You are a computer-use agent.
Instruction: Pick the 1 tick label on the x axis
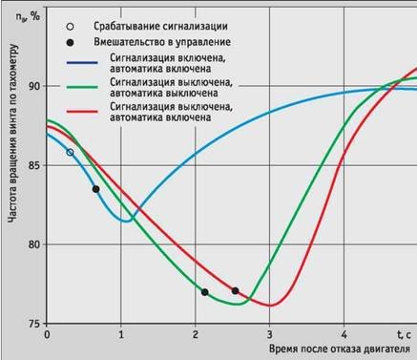pyautogui.click(x=121, y=336)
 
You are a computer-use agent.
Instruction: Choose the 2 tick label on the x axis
pyautogui.click(x=196, y=336)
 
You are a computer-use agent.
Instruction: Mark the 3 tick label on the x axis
pyautogui.click(x=270, y=336)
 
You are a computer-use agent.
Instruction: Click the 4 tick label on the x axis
pyautogui.click(x=344, y=336)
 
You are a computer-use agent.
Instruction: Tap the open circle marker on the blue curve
pyautogui.click(x=70, y=152)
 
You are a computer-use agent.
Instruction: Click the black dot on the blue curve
pyautogui.click(x=95, y=189)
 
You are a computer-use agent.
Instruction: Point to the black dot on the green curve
pyautogui.click(x=205, y=292)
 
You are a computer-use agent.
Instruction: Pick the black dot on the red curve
pyautogui.click(x=235, y=290)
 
